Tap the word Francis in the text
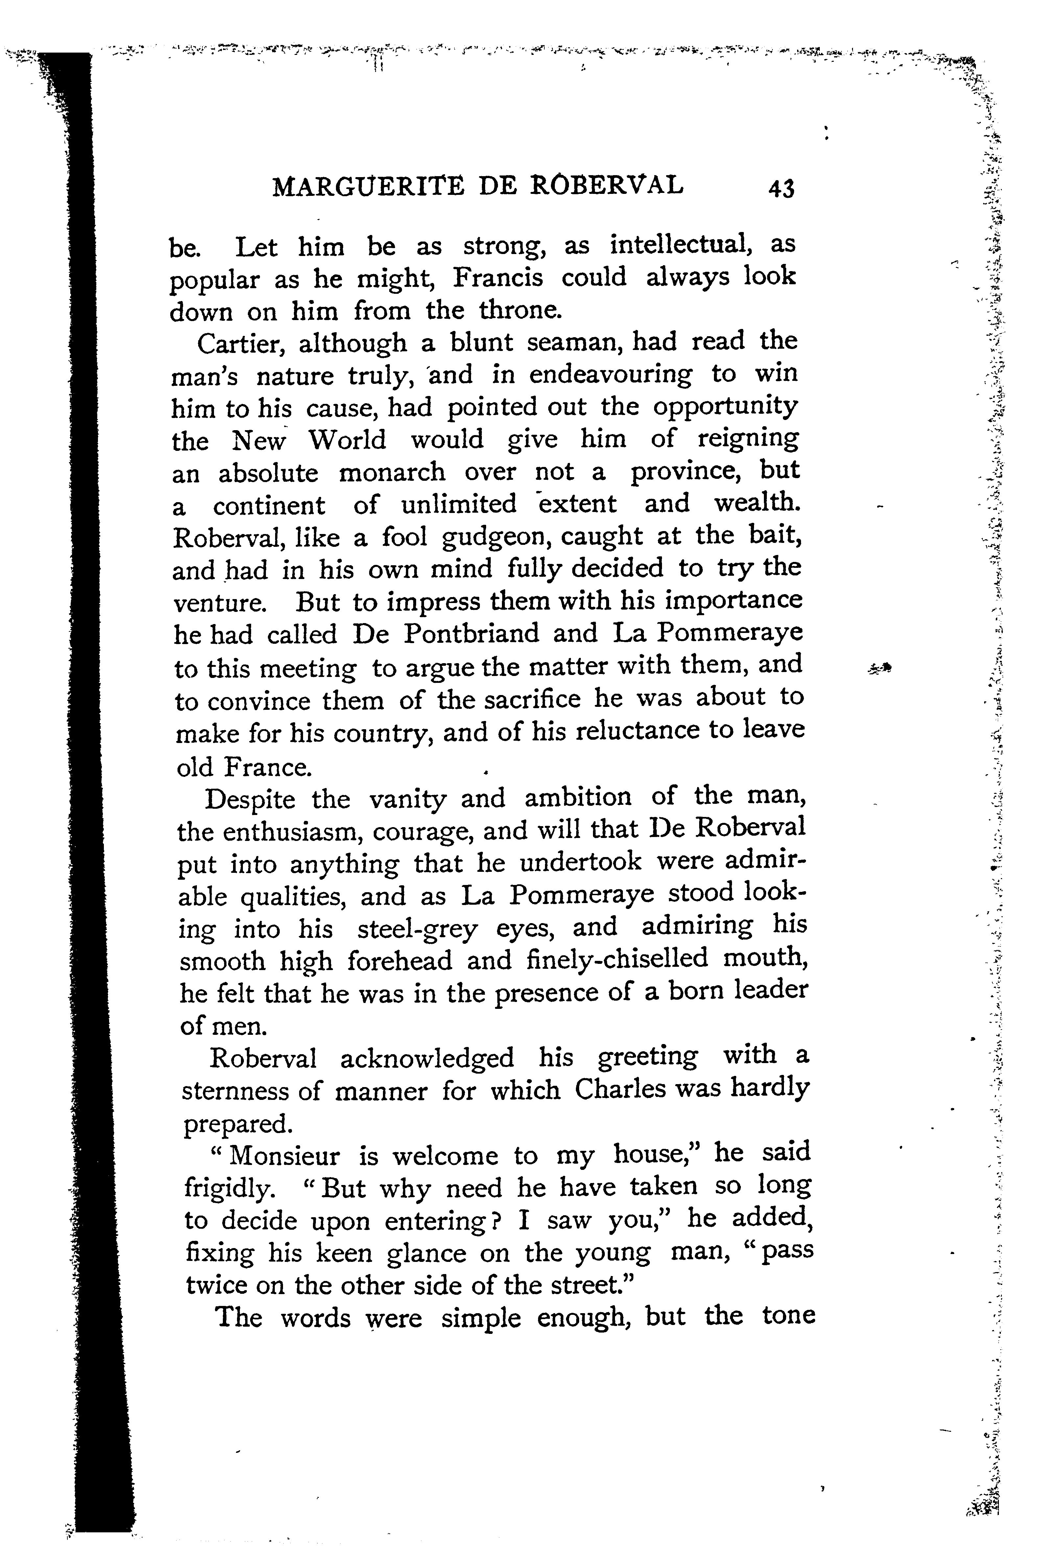[498, 278]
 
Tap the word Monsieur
[286, 1156]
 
